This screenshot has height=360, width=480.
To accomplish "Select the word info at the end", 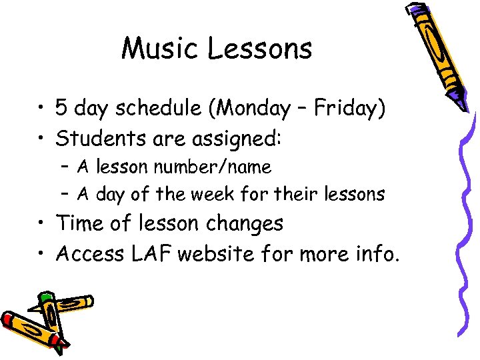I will tap(373, 253).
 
